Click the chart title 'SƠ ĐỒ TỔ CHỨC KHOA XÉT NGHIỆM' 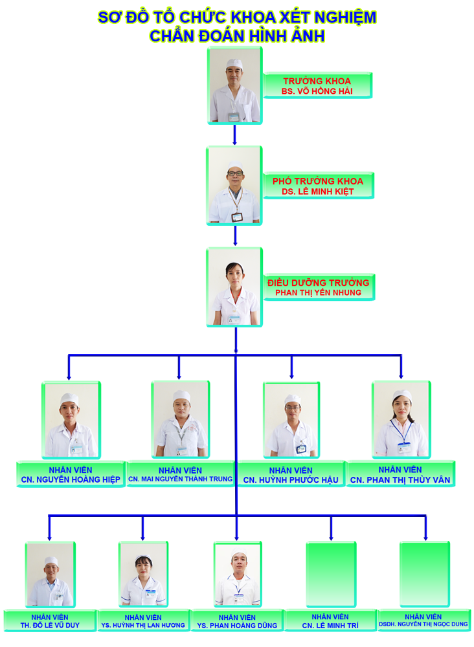pyautogui.click(x=236, y=17)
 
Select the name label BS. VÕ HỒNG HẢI pyautogui.click(x=317, y=92)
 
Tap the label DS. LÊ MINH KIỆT pyautogui.click(x=317, y=192)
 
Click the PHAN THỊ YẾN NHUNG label pyautogui.click(x=318, y=292)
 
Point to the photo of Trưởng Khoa pyautogui.click(x=235, y=85)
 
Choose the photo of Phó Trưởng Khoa pyautogui.click(x=234, y=186)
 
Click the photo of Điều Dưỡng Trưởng pyautogui.click(x=234, y=287)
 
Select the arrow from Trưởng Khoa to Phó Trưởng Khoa pyautogui.click(x=235, y=135)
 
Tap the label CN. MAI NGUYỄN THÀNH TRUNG pyautogui.click(x=180, y=479)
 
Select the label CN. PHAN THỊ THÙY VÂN pyautogui.click(x=400, y=479)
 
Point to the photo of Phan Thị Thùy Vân pyautogui.click(x=401, y=420)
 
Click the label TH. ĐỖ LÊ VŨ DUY pyautogui.click(x=50, y=625)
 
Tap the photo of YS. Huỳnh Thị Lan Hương pyautogui.click(x=143, y=575)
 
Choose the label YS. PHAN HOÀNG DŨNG pyautogui.click(x=236, y=625)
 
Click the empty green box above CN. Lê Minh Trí pyautogui.click(x=331, y=575)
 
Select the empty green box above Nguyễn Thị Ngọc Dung pyautogui.click(x=424, y=575)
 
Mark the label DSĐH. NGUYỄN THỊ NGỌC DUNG pyautogui.click(x=424, y=625)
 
